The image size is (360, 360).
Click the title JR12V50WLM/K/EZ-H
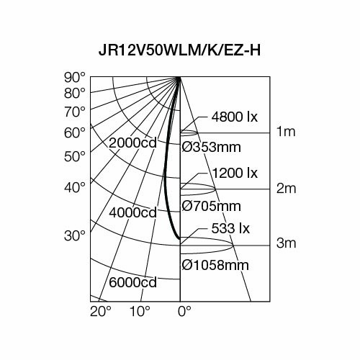[179, 51]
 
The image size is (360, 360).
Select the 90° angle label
[74, 77]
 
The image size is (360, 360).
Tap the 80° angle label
[74, 93]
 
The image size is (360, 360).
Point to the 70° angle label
[74, 112]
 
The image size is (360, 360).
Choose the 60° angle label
[74, 132]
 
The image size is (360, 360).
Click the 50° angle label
[74, 156]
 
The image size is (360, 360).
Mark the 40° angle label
[74, 187]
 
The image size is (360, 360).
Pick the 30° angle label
[74, 235]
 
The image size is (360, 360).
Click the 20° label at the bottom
[100, 311]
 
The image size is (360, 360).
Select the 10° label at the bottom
[140, 311]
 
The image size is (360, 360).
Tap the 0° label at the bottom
[184, 311]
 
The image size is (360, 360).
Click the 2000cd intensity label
[132, 143]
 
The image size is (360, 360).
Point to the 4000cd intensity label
[132, 213]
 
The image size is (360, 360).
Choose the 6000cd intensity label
[132, 283]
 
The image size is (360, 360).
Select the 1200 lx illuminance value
[235, 174]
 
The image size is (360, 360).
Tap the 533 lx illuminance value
[230, 229]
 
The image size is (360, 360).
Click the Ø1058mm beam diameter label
[215, 265]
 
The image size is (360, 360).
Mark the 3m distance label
[287, 245]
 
